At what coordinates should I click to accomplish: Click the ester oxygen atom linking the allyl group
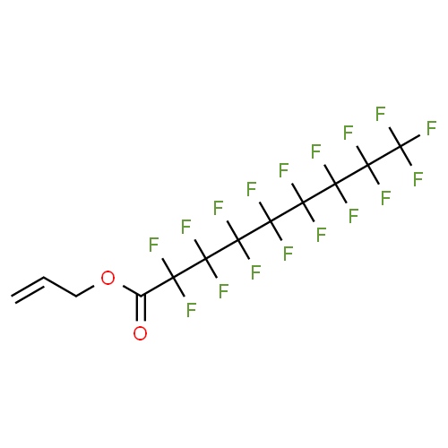click(x=108, y=278)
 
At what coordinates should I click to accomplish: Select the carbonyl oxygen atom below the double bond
click(x=140, y=333)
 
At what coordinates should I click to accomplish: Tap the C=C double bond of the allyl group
click(x=29, y=289)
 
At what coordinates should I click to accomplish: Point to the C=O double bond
click(x=141, y=308)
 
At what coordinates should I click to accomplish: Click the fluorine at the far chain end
click(x=431, y=128)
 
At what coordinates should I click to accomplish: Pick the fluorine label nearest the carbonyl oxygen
click(x=191, y=310)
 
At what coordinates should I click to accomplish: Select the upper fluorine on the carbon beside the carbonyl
click(x=153, y=245)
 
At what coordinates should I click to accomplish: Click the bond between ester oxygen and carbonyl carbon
click(x=133, y=291)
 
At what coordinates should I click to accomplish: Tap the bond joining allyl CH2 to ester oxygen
click(x=85, y=291)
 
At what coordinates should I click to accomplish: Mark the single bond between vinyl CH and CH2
click(x=60, y=287)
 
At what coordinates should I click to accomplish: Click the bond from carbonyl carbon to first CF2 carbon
click(x=157, y=287)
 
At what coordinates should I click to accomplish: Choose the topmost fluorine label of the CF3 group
click(x=381, y=114)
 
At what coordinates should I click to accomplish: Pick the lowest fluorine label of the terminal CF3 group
click(x=418, y=179)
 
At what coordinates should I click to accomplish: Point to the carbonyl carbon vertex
click(x=141, y=296)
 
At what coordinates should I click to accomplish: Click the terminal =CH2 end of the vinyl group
click(x=13, y=299)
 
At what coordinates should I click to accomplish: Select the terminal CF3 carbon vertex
click(x=401, y=146)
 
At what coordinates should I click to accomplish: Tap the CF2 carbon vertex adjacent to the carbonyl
click(x=174, y=278)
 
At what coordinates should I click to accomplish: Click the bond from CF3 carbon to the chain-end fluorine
click(x=410, y=141)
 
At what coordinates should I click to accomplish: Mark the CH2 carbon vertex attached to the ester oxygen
click(x=76, y=297)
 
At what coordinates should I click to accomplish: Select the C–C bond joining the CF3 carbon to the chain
click(x=384, y=155)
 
